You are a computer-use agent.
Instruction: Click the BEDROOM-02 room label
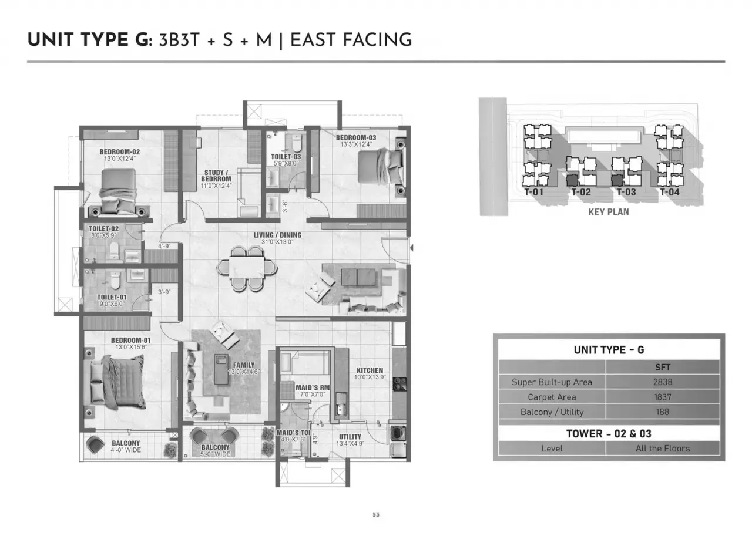coord(119,152)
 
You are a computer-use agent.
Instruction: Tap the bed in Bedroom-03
coord(380,167)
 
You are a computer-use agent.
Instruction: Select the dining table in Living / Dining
coord(247,268)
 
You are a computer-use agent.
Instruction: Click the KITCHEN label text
coord(370,370)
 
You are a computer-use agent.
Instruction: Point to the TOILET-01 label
coord(112,297)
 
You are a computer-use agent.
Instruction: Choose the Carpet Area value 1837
coord(662,397)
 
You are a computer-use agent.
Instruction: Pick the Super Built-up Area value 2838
coord(662,382)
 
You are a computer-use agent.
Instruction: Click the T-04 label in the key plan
coord(670,192)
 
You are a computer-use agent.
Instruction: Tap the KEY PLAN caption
coord(609,212)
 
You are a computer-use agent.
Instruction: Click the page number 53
coord(376,514)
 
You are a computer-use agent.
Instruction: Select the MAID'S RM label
coord(313,387)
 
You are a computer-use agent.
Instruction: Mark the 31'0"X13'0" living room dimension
coord(277,242)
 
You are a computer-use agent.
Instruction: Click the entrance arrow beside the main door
coord(412,248)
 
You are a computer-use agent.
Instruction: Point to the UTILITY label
coord(350,437)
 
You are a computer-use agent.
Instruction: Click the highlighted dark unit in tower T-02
coord(572,180)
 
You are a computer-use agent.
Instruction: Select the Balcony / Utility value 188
coord(662,412)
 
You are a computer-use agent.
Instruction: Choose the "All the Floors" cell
coord(662,449)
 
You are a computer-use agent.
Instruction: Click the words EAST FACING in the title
coord(351,39)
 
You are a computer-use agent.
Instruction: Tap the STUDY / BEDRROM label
coord(216,176)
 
